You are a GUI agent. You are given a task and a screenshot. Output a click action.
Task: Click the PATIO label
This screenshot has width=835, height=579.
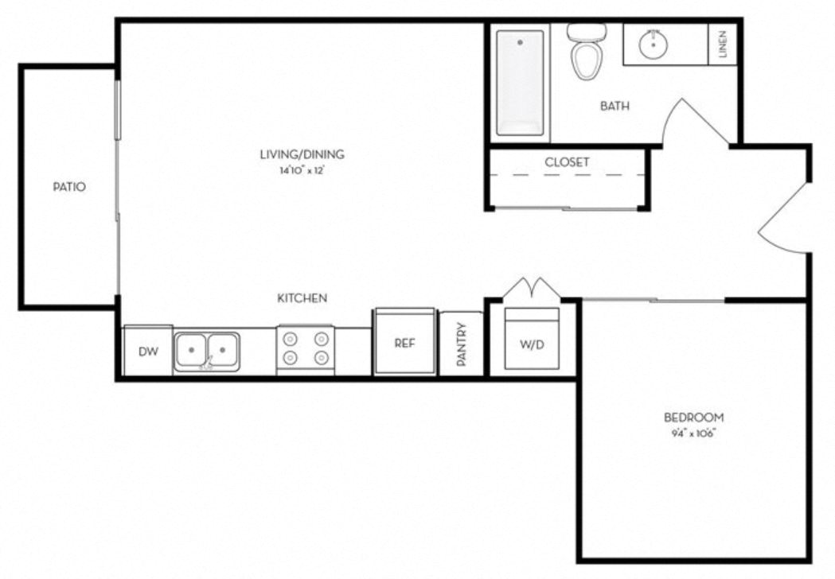pyautogui.click(x=68, y=188)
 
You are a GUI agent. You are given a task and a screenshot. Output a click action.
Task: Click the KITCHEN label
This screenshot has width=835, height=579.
pyautogui.click(x=302, y=298)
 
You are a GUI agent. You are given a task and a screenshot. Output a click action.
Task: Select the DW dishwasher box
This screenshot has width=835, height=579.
pyautogui.click(x=148, y=351)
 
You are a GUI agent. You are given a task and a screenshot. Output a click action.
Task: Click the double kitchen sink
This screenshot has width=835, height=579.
pyautogui.click(x=207, y=350)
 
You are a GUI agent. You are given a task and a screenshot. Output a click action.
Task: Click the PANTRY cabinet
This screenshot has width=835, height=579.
pyautogui.click(x=461, y=344)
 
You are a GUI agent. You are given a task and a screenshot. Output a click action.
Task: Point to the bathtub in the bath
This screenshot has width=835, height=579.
pyautogui.click(x=520, y=82)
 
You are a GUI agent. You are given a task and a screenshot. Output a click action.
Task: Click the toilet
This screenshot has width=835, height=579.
pyautogui.click(x=587, y=52)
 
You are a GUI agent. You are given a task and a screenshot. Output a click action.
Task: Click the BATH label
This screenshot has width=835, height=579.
pyautogui.click(x=615, y=105)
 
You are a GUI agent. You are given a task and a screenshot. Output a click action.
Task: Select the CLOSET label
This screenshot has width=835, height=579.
pyautogui.click(x=567, y=162)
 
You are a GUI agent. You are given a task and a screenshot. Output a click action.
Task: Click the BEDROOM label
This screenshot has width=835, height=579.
pyautogui.click(x=694, y=418)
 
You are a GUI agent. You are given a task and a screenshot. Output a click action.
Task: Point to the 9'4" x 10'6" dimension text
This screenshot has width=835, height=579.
pyautogui.click(x=694, y=433)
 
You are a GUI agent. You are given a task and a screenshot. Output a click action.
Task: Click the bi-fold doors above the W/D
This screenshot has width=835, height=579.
pyautogui.click(x=533, y=288)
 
